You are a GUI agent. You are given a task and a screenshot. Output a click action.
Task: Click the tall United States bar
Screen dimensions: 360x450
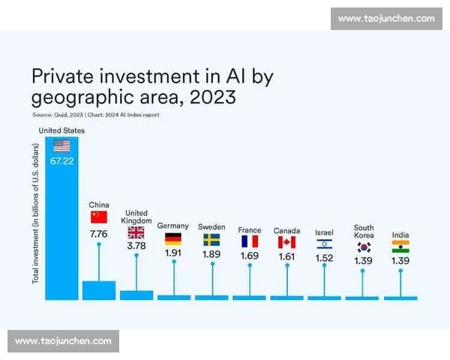(61, 225)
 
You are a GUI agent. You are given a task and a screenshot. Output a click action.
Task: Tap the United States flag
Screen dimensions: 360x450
(61, 145)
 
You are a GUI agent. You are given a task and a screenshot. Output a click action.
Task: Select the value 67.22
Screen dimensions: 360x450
(61, 161)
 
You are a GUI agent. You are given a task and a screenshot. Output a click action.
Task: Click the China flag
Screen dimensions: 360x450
(99, 217)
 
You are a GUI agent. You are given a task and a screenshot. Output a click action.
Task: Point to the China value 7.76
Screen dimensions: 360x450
(99, 233)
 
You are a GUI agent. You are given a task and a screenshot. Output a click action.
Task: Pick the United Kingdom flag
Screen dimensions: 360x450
(136, 232)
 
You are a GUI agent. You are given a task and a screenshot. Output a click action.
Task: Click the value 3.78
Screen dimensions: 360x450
(136, 246)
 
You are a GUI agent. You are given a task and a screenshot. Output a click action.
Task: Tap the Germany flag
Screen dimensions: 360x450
(173, 239)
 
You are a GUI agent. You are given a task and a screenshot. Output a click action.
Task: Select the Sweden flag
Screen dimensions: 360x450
(211, 240)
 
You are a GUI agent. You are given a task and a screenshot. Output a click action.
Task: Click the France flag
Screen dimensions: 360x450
(249, 241)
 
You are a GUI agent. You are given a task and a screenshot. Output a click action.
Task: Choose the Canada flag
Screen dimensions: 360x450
(286, 242)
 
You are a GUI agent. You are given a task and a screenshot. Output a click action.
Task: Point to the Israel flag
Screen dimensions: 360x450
(324, 244)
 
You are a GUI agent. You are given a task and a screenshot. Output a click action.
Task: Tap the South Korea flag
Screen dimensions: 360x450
(364, 246)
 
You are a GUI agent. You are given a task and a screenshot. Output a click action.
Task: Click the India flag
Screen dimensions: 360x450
(400, 246)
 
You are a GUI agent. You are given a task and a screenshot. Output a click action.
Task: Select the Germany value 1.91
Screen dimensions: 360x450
(173, 253)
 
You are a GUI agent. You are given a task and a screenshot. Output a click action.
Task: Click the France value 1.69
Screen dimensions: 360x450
(249, 256)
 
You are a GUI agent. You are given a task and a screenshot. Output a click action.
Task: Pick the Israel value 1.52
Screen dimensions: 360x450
(324, 258)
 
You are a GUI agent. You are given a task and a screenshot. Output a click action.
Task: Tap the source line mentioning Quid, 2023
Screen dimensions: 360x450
(95, 115)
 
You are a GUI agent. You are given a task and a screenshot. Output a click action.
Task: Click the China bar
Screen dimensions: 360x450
(99, 290)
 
